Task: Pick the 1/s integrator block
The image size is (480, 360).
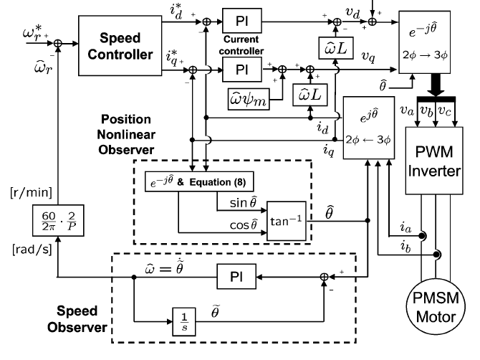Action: coord(181,317)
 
